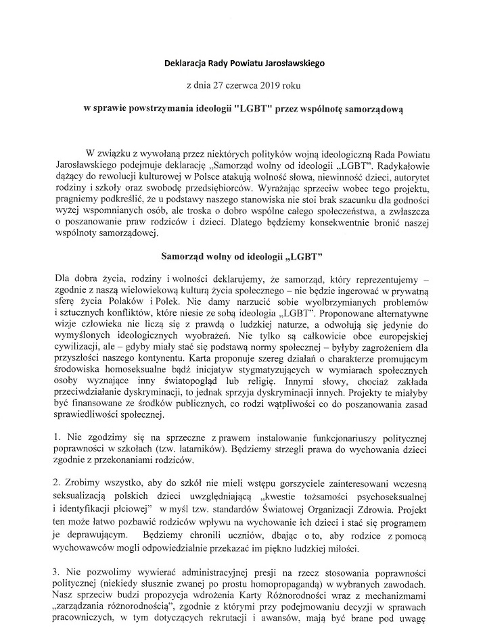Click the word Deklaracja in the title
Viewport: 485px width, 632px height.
point(187,65)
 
